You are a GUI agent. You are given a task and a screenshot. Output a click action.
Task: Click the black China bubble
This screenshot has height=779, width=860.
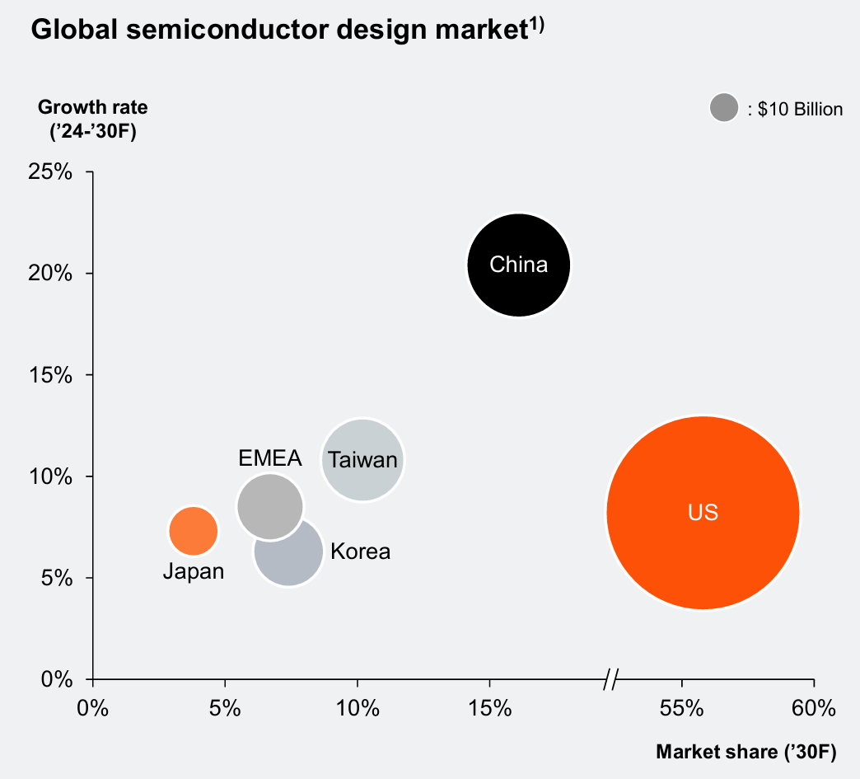(x=518, y=265)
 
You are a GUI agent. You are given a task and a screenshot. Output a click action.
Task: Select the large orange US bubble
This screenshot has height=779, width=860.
(x=703, y=513)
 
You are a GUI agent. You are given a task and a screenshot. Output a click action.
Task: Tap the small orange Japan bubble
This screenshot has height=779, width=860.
(x=194, y=531)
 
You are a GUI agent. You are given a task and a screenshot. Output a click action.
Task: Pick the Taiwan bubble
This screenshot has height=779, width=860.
(x=362, y=460)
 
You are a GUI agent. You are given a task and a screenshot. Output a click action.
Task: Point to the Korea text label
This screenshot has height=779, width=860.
(x=360, y=551)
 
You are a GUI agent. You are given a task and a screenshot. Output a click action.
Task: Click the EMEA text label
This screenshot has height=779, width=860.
(x=270, y=458)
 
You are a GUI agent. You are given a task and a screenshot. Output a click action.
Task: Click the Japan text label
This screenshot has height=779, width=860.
(x=194, y=571)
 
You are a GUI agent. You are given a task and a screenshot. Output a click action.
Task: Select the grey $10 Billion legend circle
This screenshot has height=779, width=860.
(x=724, y=108)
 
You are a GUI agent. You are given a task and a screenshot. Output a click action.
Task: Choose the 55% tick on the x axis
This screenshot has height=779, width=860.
(x=682, y=708)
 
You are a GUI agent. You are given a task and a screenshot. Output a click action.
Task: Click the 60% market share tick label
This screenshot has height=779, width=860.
(x=814, y=708)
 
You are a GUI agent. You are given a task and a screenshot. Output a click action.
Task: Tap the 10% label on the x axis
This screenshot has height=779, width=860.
(x=358, y=708)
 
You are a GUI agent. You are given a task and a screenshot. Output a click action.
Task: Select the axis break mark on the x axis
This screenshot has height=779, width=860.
(x=610, y=680)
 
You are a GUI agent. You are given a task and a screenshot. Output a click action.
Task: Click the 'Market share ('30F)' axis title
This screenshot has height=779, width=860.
(x=745, y=752)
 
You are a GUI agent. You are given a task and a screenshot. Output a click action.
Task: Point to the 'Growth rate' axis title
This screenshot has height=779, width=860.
(x=93, y=107)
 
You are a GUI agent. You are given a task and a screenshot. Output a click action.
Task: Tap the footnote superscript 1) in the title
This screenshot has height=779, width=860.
(x=535, y=24)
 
